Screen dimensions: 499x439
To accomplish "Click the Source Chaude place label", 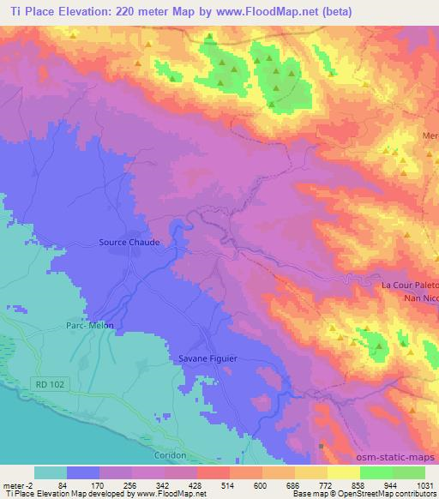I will [129, 242].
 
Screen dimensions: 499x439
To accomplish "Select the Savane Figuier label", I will [207, 358].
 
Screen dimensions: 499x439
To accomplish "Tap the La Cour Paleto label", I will [409, 284].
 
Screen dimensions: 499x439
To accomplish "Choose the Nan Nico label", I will [420, 298].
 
